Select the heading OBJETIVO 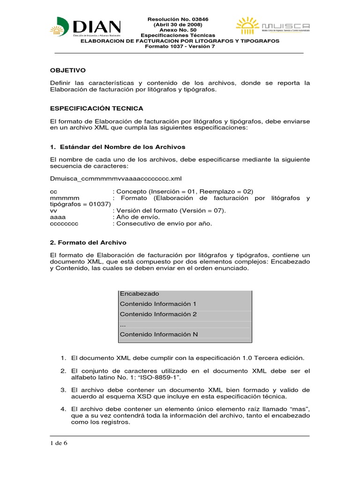(x=67, y=70)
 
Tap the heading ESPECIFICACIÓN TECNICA (x=97, y=108)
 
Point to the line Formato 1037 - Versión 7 (x=180, y=46)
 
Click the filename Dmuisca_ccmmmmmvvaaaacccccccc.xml (x=115, y=179)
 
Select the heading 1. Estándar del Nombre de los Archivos (x=118, y=147)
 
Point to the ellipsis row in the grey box (x=123, y=324)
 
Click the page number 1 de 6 (x=59, y=443)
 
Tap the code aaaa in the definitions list (x=58, y=217)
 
